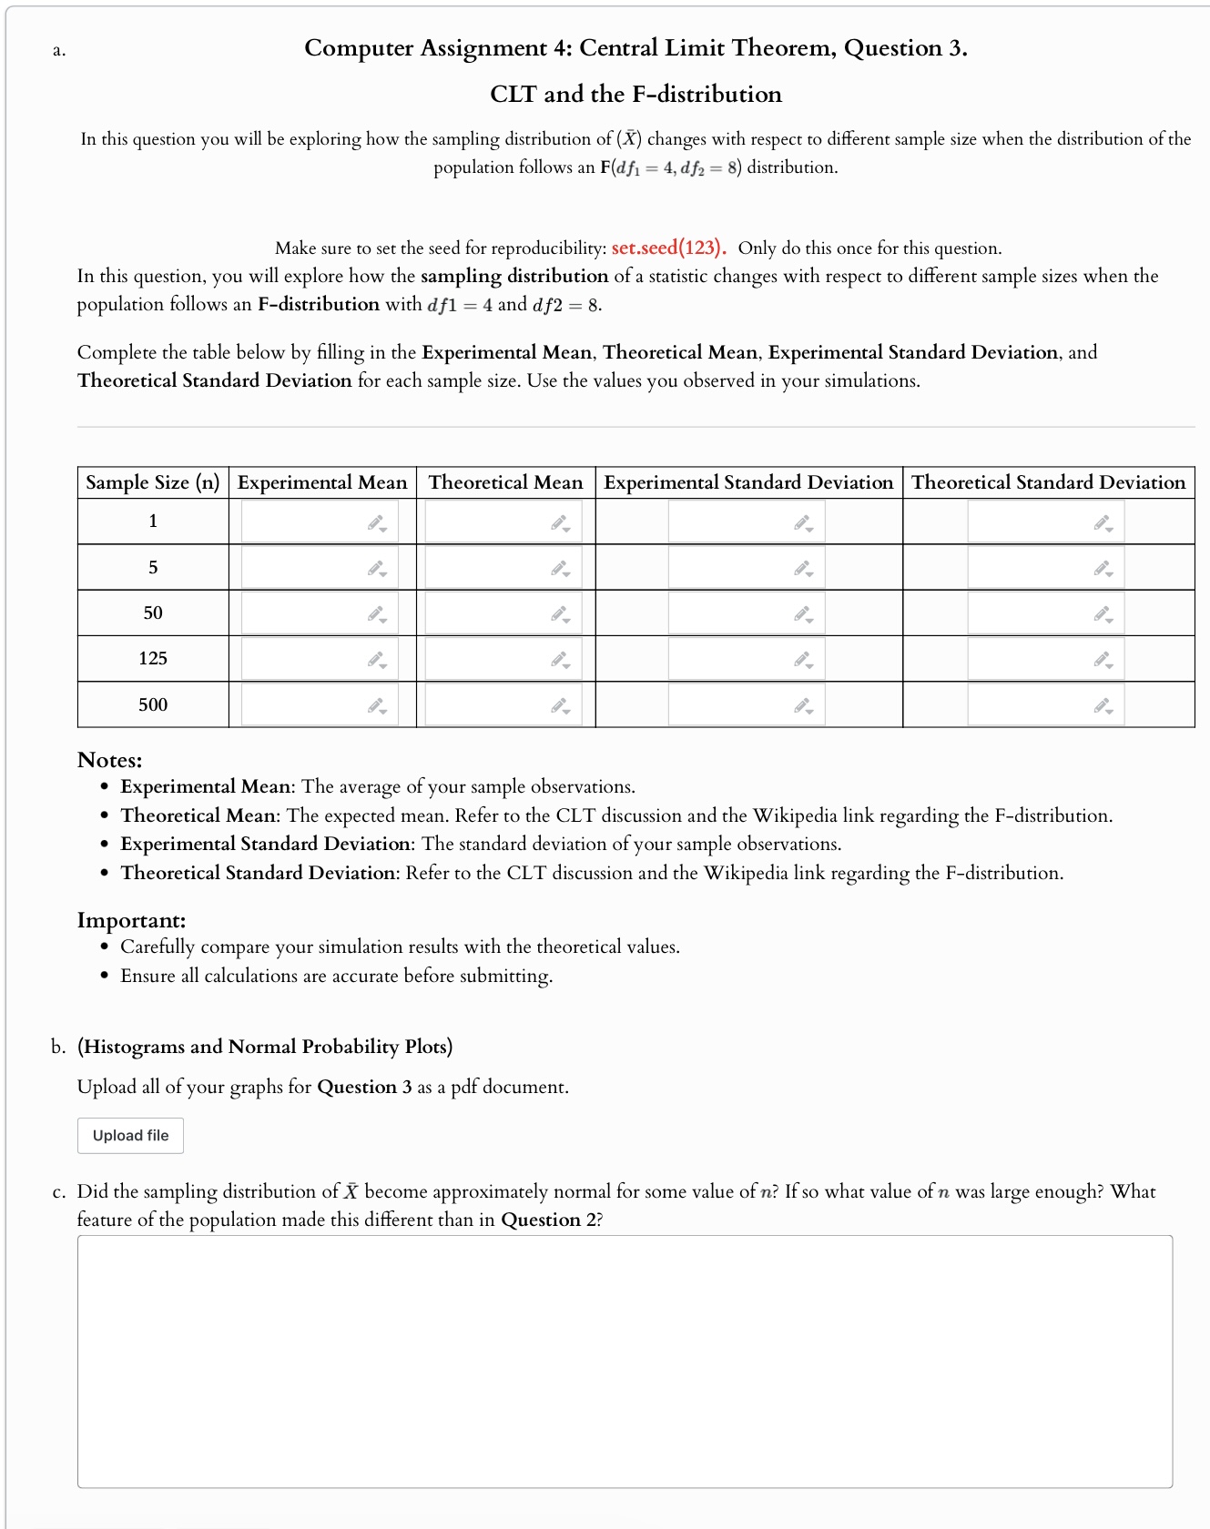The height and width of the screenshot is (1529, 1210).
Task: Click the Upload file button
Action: [x=130, y=1135]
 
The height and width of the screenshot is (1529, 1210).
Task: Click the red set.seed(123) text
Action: [x=667, y=248]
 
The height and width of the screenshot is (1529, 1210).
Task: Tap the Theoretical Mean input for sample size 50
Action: [x=492, y=613]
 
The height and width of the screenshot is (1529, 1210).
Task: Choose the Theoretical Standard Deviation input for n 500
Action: [x=1033, y=705]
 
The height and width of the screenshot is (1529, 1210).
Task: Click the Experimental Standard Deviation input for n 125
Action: [x=734, y=659]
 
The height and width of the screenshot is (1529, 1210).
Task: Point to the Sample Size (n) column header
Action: [x=153, y=482]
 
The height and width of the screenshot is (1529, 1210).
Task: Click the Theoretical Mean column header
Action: [x=505, y=482]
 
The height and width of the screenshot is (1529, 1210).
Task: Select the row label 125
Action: [x=153, y=658]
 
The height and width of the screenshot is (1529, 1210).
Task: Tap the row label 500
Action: [x=153, y=704]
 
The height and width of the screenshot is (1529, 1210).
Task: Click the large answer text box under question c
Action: [x=625, y=1361]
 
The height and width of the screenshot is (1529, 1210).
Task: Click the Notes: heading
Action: [x=109, y=760]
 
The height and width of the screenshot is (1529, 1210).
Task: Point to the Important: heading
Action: [x=131, y=920]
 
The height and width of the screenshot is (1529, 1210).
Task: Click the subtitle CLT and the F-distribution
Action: [x=636, y=94]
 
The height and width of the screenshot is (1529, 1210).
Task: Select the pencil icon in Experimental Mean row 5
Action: [x=376, y=569]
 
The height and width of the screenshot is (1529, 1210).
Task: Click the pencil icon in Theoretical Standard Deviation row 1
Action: [x=1103, y=523]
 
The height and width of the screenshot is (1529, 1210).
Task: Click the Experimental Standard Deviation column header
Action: [x=748, y=482]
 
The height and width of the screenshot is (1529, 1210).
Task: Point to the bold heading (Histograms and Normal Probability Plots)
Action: [x=265, y=1047]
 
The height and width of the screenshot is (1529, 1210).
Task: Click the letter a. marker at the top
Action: [x=58, y=50]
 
